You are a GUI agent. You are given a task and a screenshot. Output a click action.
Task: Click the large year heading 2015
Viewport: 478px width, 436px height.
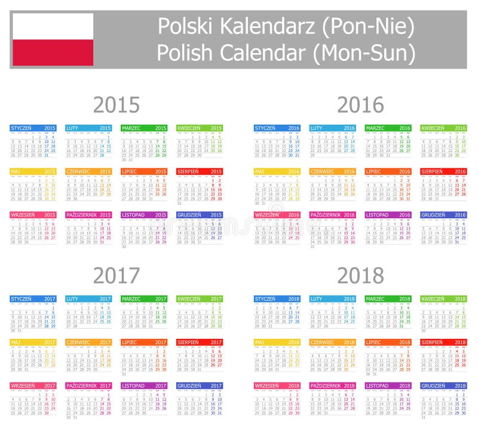coord(117,105)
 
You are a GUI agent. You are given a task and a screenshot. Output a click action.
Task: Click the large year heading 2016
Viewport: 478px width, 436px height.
coord(360,105)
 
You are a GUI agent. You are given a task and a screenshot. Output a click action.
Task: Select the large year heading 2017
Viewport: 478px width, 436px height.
coord(117,276)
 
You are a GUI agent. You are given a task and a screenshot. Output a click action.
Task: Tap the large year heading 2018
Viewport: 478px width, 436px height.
coord(360,276)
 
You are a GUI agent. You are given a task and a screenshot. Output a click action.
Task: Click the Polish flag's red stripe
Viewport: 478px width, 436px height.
coord(53,52)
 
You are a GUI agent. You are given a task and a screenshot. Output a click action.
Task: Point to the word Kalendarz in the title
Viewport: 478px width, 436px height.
coord(262,26)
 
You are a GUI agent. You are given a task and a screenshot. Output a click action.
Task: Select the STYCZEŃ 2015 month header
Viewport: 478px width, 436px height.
coord(33,128)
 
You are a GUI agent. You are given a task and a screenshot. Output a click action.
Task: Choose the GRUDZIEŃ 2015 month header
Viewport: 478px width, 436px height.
coord(200,215)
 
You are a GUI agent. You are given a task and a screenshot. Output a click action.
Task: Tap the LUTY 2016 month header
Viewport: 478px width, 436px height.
coord(332,128)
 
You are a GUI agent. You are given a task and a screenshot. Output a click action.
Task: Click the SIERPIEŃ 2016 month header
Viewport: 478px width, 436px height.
coord(443,171)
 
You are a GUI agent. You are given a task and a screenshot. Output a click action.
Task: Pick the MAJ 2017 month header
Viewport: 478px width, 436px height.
coord(33,342)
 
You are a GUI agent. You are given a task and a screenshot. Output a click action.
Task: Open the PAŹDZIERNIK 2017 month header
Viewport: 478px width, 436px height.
coord(88,386)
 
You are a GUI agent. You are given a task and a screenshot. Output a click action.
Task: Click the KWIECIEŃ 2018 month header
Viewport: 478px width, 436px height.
coord(443,299)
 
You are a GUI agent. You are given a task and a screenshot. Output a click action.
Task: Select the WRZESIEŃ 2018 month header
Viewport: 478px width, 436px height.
coord(277,386)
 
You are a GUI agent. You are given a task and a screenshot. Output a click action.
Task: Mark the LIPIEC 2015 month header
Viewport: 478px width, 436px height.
coord(144,171)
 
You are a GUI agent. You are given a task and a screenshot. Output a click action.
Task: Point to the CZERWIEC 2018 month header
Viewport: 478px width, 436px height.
coord(332,342)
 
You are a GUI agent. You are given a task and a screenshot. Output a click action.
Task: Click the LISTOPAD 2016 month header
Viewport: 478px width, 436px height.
coord(388,215)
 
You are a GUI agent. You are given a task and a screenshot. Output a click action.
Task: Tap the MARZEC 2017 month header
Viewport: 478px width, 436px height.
coord(144,299)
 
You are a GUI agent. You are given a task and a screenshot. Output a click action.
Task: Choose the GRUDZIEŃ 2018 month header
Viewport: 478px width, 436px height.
coord(443,386)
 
